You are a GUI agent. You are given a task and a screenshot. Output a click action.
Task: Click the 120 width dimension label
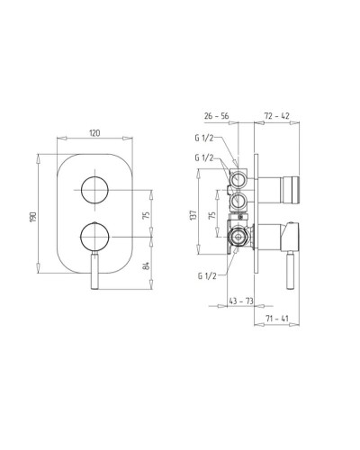(94, 133)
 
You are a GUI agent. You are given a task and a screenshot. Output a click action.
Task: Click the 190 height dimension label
(33, 217)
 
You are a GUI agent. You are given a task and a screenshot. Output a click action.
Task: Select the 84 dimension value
(146, 265)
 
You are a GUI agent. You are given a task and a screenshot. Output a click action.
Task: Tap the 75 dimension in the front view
(146, 215)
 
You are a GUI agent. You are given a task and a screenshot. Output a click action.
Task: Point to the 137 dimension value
(193, 215)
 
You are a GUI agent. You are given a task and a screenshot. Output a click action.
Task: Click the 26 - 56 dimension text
(216, 116)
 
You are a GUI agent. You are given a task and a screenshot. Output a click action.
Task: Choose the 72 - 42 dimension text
(276, 116)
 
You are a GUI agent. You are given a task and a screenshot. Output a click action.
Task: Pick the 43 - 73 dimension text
(241, 301)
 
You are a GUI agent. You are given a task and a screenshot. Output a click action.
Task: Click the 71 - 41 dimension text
(276, 319)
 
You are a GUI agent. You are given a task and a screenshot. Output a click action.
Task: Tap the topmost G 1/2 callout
(204, 139)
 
